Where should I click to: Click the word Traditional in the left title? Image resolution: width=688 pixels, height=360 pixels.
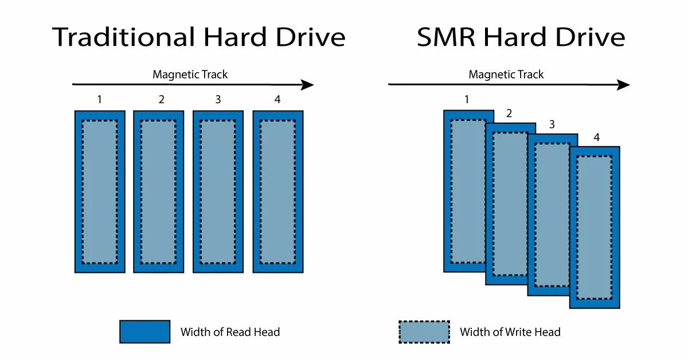tap(124, 38)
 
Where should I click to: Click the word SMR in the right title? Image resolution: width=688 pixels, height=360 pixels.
tap(446, 38)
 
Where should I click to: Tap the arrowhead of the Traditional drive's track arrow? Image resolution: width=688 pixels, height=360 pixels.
tap(308, 85)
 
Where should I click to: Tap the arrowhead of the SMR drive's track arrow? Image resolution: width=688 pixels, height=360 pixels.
tap(624, 85)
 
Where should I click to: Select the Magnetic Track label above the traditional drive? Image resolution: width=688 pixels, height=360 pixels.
tap(190, 75)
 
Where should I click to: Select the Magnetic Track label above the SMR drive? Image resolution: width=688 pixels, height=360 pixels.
tap(506, 75)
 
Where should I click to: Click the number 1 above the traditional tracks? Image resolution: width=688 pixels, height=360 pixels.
tap(100, 100)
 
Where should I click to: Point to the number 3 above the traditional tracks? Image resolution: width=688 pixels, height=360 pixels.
tap(218, 100)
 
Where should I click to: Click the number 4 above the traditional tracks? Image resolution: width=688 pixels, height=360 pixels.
tap(277, 100)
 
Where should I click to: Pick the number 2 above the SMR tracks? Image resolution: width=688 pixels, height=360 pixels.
tap(509, 114)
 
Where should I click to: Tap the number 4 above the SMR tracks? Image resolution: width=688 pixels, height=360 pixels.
tap(596, 138)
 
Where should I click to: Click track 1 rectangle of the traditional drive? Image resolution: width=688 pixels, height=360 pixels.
tap(100, 191)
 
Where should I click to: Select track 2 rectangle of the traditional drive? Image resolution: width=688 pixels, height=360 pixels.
tap(159, 191)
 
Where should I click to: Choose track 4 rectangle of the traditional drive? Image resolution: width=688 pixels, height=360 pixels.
tap(278, 191)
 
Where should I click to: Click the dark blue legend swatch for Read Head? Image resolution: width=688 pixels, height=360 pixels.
tap(144, 332)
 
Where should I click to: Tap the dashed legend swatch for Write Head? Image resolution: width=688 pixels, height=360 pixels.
tap(424, 332)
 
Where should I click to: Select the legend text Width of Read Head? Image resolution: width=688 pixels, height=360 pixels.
tap(230, 332)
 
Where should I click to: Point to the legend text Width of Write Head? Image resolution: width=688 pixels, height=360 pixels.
tap(510, 332)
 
